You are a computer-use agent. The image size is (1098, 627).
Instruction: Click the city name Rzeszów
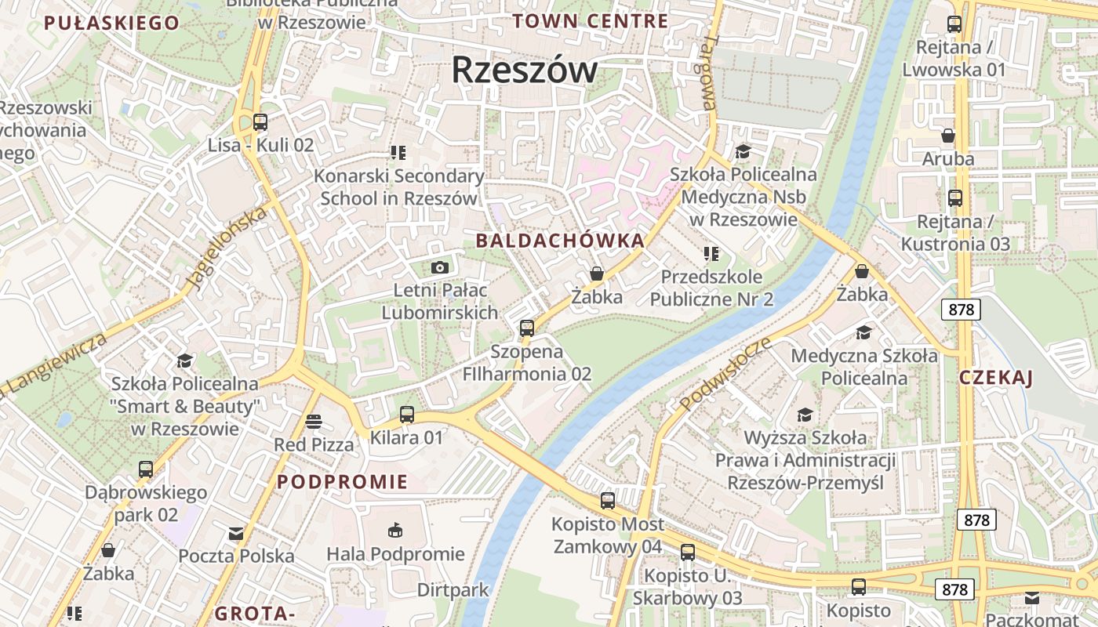(x=524, y=71)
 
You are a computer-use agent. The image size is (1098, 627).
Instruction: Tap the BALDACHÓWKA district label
(x=560, y=241)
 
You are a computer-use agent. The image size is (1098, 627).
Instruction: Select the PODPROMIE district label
(x=343, y=481)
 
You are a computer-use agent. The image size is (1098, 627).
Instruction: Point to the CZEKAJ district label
(x=996, y=378)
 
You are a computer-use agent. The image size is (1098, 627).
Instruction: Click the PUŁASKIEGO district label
(x=111, y=23)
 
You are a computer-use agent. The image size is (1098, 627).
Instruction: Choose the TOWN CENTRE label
(x=590, y=21)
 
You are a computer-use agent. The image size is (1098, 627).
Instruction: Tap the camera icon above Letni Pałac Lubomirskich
(x=440, y=268)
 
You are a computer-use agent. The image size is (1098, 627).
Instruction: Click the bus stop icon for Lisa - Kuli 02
(x=260, y=122)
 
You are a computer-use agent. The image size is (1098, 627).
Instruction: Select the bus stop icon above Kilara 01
(x=406, y=415)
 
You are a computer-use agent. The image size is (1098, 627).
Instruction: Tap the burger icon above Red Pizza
(x=314, y=422)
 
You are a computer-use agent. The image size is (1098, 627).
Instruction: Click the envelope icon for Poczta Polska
(x=236, y=534)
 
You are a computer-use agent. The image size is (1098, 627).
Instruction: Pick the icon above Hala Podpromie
(x=395, y=531)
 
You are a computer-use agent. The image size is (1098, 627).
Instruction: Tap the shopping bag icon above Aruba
(x=948, y=136)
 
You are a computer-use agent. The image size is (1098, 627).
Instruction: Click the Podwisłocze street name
(x=725, y=374)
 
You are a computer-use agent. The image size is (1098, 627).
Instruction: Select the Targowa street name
(x=708, y=72)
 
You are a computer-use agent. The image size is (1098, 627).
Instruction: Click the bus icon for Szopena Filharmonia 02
(x=527, y=328)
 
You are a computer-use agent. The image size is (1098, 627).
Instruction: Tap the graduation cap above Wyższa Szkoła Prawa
(x=805, y=414)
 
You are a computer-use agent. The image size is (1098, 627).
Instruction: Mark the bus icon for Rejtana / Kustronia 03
(x=954, y=198)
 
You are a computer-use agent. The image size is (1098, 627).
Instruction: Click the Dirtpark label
(x=453, y=589)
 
